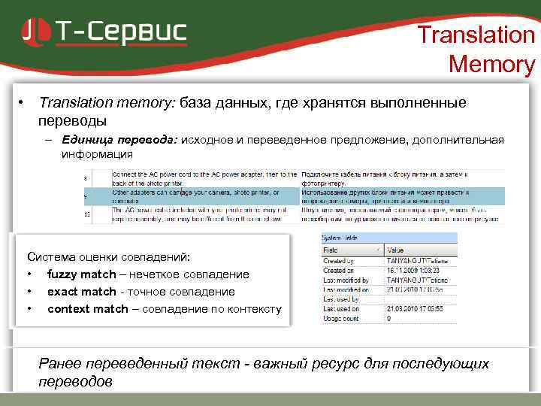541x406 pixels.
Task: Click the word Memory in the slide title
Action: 491,65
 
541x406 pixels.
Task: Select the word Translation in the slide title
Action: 476,35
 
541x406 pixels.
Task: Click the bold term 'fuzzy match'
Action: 81,274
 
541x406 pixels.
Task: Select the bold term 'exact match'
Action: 81,292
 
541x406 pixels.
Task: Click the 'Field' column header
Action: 331,250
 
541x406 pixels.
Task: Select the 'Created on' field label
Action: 339,270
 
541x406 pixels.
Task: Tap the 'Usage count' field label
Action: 340,318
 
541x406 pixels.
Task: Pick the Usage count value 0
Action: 388,318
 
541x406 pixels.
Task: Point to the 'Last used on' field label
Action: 340,308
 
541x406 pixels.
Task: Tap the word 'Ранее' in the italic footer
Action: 59,364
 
